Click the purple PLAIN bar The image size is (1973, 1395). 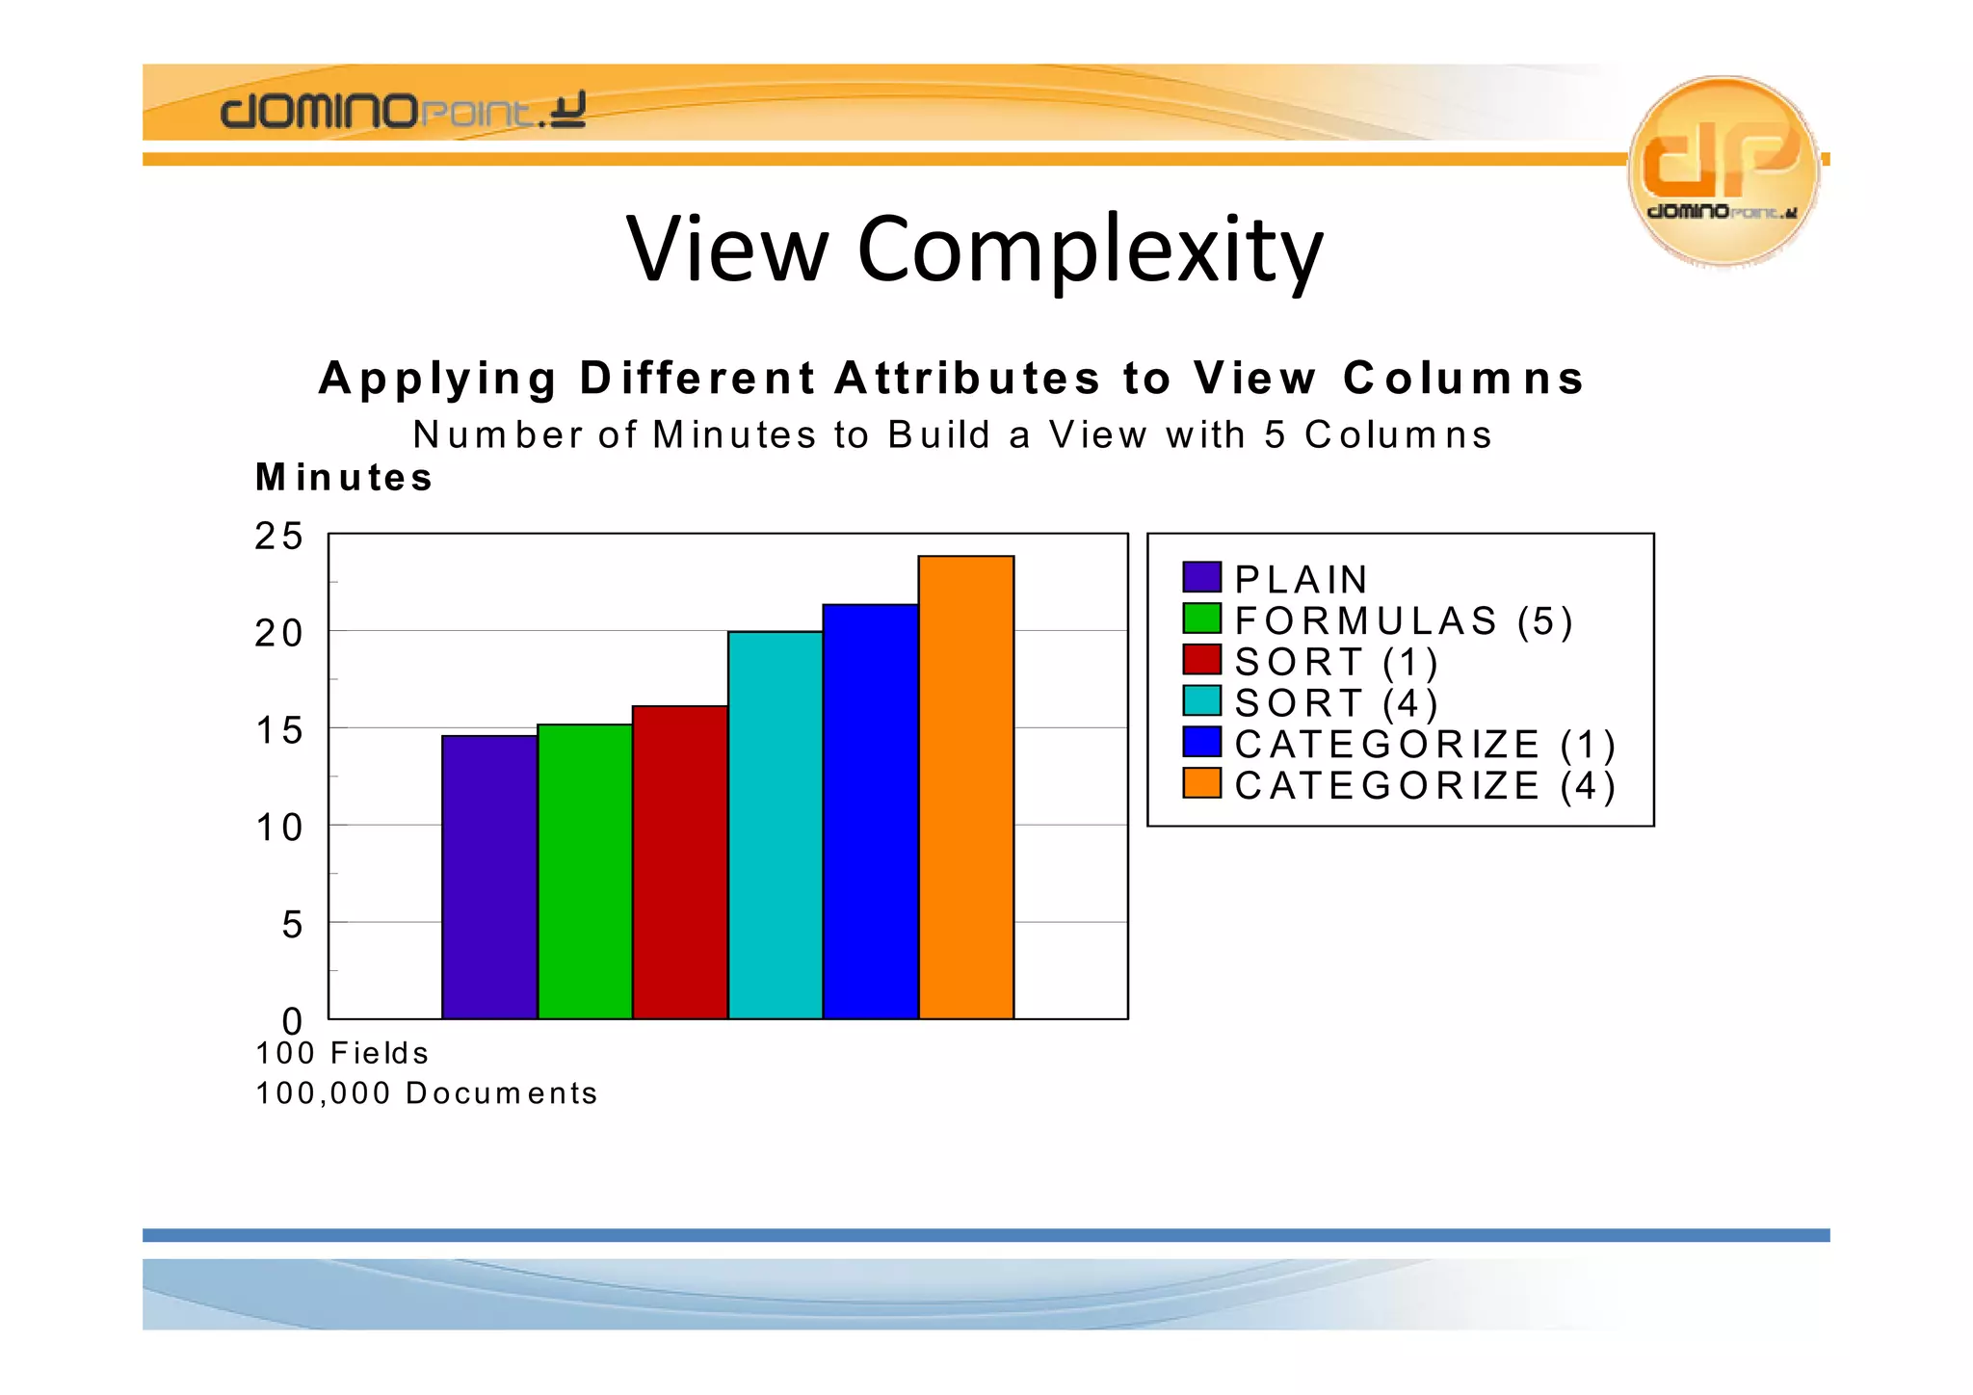(489, 877)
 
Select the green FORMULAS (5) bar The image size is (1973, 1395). (585, 871)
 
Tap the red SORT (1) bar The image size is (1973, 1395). (680, 862)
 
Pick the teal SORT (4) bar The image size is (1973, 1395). (776, 825)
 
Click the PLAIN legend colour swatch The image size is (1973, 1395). (1201, 577)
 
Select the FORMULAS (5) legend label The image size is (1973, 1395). (1404, 621)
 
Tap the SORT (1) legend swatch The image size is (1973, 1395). (1201, 660)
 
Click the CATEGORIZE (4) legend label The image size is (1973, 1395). (1425, 786)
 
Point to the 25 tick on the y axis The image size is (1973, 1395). (278, 537)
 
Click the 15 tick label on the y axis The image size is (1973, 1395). (278, 731)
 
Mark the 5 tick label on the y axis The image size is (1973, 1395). (292, 925)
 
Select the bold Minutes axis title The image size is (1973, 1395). (344, 478)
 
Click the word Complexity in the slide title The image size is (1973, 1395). (1090, 250)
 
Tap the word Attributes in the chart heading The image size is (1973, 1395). (967, 378)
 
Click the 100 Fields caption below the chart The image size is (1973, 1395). (342, 1053)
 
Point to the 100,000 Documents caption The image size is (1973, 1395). (427, 1093)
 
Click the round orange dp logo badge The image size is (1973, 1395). (1723, 170)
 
